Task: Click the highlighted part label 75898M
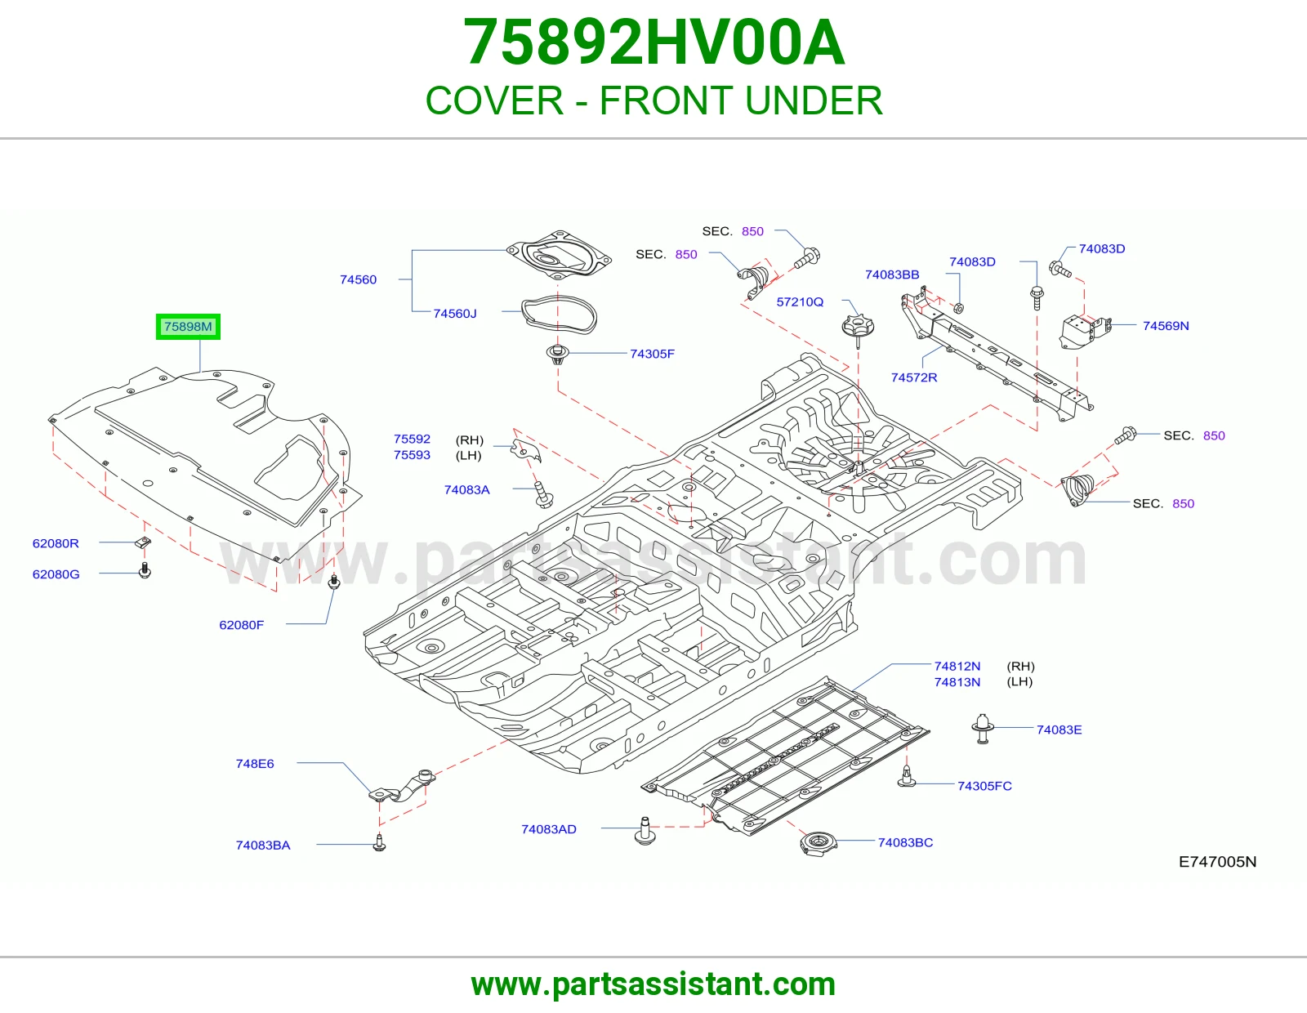(188, 327)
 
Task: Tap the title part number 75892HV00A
(653, 42)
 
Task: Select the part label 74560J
(455, 314)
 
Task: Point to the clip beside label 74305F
(558, 355)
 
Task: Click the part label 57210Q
(800, 302)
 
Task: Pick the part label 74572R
(913, 377)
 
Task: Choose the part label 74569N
(1165, 326)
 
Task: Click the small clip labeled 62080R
(143, 542)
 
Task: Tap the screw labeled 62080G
(145, 570)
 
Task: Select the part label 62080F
(241, 625)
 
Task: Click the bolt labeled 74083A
(544, 494)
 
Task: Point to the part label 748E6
(254, 764)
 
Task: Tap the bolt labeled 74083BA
(380, 842)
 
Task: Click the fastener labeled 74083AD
(645, 831)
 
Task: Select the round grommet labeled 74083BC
(818, 842)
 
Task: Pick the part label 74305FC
(984, 786)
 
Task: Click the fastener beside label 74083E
(982, 729)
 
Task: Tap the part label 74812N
(957, 667)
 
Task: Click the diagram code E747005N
(1217, 862)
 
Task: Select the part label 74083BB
(892, 275)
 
